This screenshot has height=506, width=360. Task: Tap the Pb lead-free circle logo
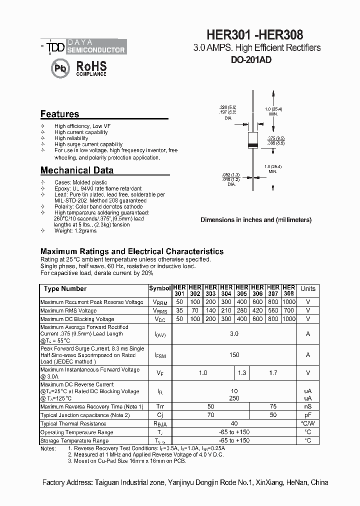tap(60, 68)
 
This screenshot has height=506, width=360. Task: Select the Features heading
tap(59, 114)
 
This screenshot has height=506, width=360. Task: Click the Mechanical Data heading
tap(76, 170)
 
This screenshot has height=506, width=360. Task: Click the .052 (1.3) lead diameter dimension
tap(227, 174)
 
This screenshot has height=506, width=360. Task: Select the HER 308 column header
tap(288, 290)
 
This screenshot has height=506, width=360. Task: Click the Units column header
tap(307, 288)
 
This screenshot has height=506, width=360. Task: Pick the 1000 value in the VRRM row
tap(288, 302)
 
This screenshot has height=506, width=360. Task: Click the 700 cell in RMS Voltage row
tap(288, 310)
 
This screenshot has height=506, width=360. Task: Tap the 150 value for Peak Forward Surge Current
tap(234, 355)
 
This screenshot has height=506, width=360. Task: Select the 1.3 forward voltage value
tap(242, 372)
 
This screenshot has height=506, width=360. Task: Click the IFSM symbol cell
tap(160, 355)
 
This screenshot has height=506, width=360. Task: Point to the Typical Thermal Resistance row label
tap(74, 423)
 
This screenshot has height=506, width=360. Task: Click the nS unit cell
tap(307, 406)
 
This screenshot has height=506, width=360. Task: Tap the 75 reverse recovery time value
tap(273, 406)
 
